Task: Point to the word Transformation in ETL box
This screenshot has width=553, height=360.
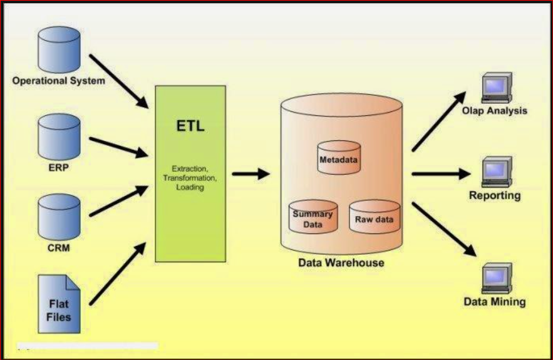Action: coord(190,177)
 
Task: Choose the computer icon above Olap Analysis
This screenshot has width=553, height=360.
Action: coord(496,88)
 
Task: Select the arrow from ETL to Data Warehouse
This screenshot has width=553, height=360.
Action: coord(251,173)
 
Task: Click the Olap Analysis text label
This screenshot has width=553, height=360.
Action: coord(495,111)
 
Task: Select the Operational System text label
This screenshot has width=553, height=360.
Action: coord(59,81)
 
